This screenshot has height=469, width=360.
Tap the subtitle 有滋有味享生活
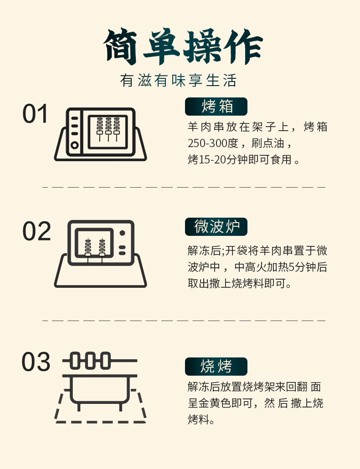click(179, 80)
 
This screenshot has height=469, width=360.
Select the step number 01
click(35, 114)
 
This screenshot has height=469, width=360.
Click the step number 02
click(36, 231)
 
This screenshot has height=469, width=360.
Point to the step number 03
click(36, 362)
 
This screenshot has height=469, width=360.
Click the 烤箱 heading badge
click(216, 107)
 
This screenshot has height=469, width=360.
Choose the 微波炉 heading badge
click(216, 227)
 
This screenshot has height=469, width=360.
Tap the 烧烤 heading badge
click(216, 367)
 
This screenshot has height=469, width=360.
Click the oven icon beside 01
click(101, 134)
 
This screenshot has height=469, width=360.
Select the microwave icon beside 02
click(101, 254)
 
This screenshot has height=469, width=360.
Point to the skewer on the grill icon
click(100, 361)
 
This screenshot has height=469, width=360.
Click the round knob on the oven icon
click(75, 145)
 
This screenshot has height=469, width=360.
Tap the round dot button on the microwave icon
click(123, 233)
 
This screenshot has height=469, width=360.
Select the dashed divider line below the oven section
click(184, 187)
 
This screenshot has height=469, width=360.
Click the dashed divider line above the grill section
click(184, 321)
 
